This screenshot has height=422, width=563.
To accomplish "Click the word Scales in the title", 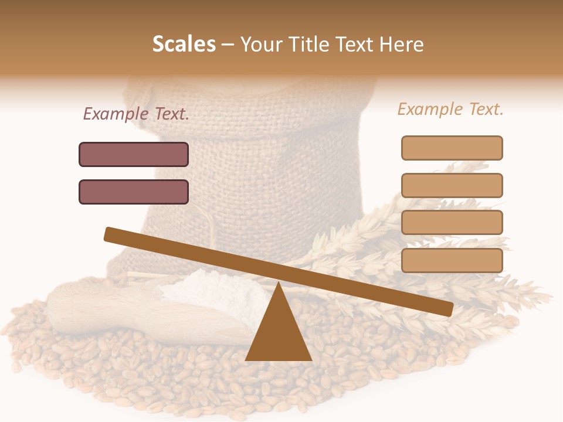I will [184, 45].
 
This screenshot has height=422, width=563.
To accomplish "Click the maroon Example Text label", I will [136, 114].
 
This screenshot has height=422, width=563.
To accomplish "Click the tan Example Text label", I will [450, 110].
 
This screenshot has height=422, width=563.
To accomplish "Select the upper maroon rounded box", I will [134, 154].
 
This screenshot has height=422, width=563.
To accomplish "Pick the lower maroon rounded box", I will [134, 192].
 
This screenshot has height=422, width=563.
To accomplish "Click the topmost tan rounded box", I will [452, 148].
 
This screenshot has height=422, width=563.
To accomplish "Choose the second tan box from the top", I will [452, 185].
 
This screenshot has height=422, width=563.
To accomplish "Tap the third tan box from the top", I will [452, 223].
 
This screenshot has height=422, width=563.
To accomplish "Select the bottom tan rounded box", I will [452, 260].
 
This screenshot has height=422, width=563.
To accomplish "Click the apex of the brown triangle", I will [278, 284].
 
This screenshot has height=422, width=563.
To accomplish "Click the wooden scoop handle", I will [76, 305].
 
